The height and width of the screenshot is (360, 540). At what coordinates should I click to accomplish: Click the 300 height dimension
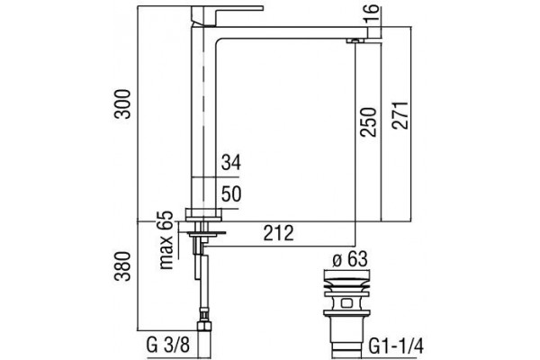click(123, 104)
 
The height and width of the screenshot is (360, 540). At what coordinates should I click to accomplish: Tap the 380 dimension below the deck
click(123, 266)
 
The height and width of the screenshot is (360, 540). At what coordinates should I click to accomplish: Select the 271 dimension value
click(400, 115)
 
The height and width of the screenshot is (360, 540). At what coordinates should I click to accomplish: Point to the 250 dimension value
click(368, 122)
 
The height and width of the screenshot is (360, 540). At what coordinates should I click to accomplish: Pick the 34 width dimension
click(231, 163)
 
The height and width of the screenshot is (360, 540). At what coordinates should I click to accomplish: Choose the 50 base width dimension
click(231, 194)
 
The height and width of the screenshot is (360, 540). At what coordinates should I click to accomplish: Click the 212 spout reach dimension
click(279, 233)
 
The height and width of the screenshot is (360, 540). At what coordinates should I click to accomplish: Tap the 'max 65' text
click(166, 240)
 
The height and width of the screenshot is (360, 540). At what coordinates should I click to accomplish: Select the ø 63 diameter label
click(350, 259)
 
